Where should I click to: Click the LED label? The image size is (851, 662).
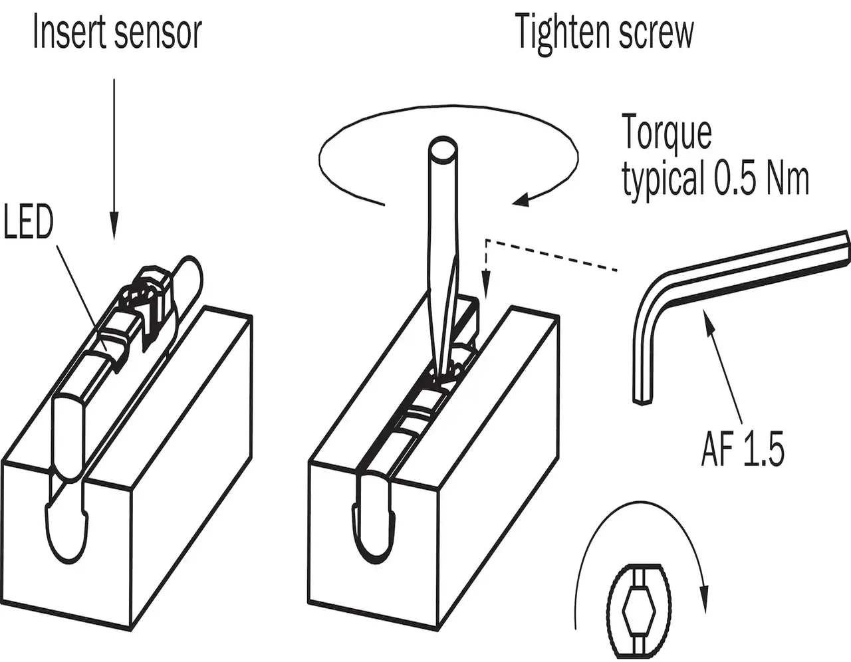27,222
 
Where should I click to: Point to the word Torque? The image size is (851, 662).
666,134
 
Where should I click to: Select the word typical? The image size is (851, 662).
662,179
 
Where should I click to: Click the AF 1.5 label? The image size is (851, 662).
743,449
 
